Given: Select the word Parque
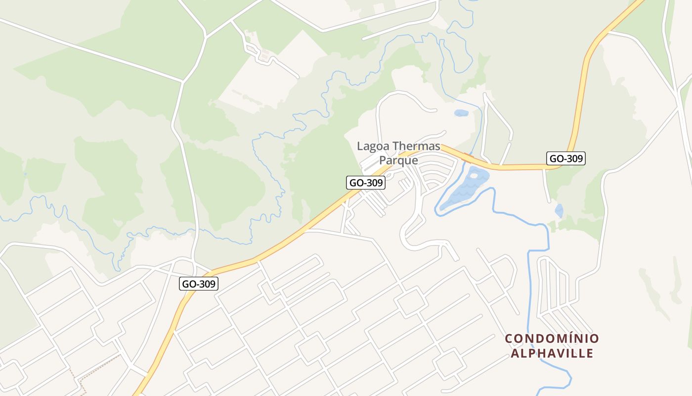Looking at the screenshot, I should (398, 160).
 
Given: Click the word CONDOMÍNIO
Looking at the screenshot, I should (552, 339).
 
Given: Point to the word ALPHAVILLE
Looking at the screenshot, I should (552, 353).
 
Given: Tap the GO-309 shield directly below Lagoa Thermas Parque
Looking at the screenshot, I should (365, 183).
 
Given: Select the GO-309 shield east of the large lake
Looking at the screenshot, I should (566, 158).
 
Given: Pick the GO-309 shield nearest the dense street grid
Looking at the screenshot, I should (198, 284).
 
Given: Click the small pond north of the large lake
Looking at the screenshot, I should (461, 113).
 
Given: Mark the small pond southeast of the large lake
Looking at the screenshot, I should (559, 210).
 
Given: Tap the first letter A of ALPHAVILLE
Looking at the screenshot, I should (515, 353).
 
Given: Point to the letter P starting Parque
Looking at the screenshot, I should (382, 160).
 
